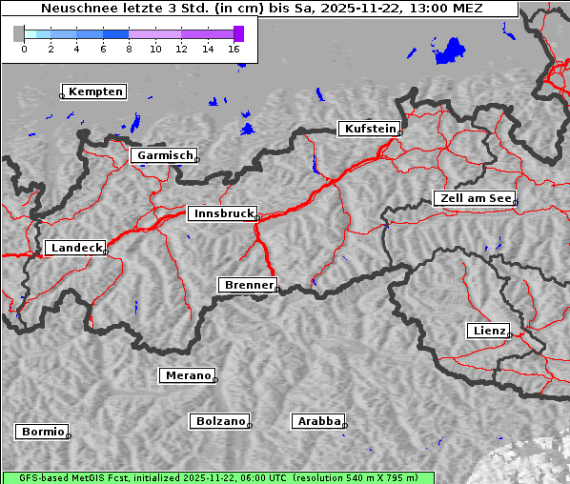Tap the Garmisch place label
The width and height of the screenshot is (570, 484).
(x=165, y=155)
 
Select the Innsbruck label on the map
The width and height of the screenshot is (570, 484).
(x=222, y=214)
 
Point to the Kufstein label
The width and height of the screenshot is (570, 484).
(x=370, y=129)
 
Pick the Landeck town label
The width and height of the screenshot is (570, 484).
(x=76, y=248)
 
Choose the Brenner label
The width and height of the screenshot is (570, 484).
(x=249, y=285)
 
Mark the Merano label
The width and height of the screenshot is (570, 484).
(x=188, y=375)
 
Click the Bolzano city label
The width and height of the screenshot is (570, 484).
(x=221, y=421)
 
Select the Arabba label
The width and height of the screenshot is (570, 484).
(x=318, y=421)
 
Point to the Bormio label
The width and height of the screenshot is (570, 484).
(x=43, y=432)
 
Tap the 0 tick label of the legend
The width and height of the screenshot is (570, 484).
(x=24, y=49)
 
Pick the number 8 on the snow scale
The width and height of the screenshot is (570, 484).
(x=129, y=49)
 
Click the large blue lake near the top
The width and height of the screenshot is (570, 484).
(x=449, y=50)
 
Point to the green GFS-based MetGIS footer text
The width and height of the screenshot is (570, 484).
(x=218, y=477)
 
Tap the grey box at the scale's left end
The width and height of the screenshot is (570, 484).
(x=19, y=33)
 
